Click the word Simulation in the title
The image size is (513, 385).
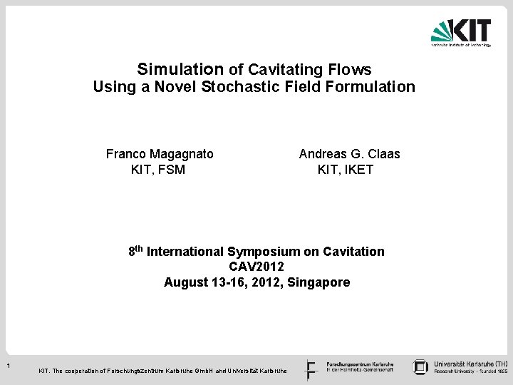point(180,69)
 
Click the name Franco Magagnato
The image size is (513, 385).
point(160,153)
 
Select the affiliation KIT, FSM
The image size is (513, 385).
point(158,170)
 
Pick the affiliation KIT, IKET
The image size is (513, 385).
point(345,170)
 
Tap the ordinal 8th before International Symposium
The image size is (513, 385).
point(136,251)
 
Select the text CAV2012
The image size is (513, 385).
point(256,267)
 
